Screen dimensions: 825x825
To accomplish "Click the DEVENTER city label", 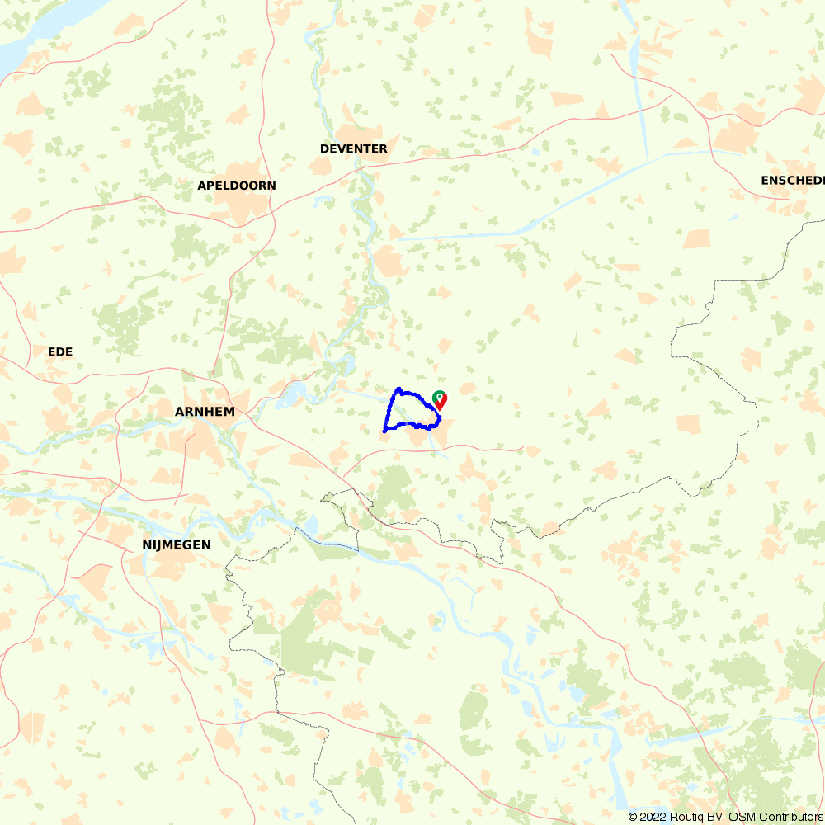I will click(x=353, y=148).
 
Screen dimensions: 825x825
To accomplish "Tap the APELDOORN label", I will click(x=237, y=186).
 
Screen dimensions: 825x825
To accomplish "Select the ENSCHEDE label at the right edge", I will click(x=792, y=180).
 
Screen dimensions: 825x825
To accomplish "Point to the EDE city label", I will click(x=60, y=351).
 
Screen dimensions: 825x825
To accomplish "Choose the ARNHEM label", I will click(x=205, y=411).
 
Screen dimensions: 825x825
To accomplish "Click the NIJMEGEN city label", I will click(x=176, y=544).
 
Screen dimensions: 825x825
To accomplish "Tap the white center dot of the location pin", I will click(x=441, y=398).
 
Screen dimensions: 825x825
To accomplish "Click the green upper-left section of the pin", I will click(x=436, y=395).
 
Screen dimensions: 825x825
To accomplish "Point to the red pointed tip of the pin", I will click(x=441, y=409).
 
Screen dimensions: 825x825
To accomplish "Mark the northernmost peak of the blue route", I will click(x=398, y=389).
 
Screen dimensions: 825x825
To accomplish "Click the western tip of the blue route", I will click(x=384, y=430).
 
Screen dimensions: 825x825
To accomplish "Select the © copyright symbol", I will click(x=633, y=817).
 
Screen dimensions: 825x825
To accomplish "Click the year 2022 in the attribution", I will click(x=652, y=817).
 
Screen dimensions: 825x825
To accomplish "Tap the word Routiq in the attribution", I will click(x=686, y=817).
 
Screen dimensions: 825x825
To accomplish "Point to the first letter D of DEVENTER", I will click(x=324, y=148).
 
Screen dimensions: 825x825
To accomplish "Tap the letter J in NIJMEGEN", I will click(x=160, y=544).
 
